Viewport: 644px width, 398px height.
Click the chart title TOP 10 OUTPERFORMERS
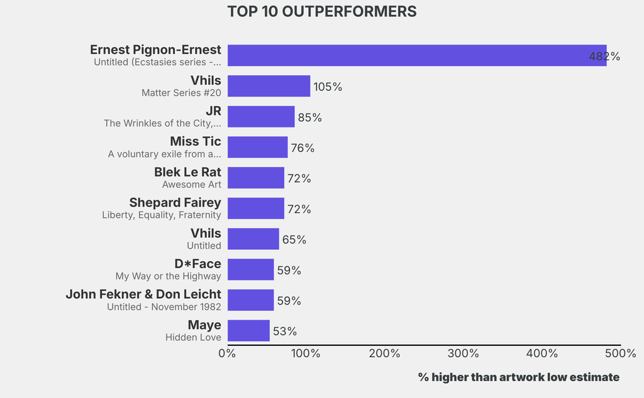[x=321, y=12]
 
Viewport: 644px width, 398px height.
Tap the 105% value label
[x=328, y=87]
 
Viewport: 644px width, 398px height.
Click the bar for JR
[x=261, y=117]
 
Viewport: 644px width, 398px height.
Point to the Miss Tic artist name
[x=196, y=141]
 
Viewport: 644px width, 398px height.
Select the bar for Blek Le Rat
[x=256, y=178]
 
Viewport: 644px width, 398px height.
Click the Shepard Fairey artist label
[x=175, y=202]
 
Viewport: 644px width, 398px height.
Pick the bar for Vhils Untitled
[x=253, y=239]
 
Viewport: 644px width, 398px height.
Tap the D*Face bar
[x=251, y=270]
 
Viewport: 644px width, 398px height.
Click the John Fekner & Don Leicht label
[x=143, y=294]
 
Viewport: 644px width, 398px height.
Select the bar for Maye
[x=248, y=331]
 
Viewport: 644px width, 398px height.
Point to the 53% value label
[x=285, y=331]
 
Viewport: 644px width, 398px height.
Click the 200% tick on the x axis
[x=384, y=353]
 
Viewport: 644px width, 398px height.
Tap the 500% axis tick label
[x=621, y=353]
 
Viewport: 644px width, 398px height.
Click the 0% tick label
[x=227, y=353]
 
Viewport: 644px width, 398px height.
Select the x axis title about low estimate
[x=519, y=377]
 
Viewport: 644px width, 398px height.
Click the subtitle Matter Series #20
[x=181, y=93]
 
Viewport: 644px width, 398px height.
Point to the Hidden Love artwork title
[x=193, y=338]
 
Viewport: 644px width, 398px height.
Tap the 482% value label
[x=604, y=56]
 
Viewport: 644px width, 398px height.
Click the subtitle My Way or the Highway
[x=169, y=276]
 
